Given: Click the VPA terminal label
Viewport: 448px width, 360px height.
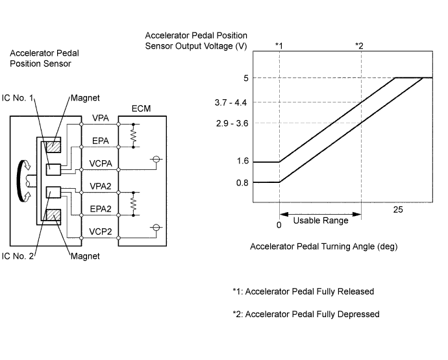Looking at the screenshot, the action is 100,118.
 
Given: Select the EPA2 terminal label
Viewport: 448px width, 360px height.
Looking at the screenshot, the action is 100,209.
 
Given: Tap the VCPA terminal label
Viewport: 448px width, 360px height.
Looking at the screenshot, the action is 101,163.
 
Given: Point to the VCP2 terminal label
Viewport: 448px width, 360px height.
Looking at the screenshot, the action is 100,232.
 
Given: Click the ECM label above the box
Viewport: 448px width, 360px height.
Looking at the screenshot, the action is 141,108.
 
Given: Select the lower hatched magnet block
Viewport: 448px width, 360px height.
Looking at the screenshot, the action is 53,215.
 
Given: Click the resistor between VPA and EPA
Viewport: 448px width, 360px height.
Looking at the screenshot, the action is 133,136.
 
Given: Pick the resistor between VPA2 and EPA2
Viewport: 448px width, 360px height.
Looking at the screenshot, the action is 133,204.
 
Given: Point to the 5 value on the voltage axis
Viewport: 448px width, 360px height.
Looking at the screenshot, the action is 246,78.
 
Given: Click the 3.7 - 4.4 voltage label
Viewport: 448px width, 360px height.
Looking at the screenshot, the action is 230,102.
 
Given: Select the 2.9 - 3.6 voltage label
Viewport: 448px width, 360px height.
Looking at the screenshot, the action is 232,123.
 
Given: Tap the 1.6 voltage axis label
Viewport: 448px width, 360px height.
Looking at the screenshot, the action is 243,161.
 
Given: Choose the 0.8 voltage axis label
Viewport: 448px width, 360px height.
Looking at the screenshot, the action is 243,183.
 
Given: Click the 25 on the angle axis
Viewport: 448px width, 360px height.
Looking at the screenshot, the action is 398,210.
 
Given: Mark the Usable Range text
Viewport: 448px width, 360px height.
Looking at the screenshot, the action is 321,221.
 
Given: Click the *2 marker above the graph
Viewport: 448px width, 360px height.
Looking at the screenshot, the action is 359,45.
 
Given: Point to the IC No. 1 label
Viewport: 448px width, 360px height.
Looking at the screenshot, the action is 18,98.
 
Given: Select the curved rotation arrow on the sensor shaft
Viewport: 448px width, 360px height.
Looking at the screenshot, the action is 21,181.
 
